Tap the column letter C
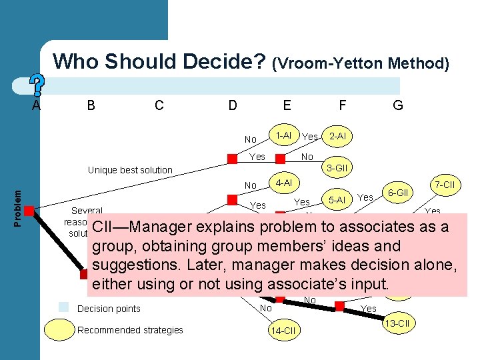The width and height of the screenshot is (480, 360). coord(159,105)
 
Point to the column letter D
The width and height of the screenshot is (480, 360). coord(233,105)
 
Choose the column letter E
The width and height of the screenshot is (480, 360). coord(287,105)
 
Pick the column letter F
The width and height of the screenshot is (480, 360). coord(342,105)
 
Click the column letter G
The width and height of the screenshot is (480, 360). coord(398,105)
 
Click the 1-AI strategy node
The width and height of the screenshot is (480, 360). coord(283,135)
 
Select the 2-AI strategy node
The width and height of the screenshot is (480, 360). coord(338,136)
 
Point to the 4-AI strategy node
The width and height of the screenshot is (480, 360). coord(283,181)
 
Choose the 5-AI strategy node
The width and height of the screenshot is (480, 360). coord(338,199)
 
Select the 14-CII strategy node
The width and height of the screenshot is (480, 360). coord(283,331)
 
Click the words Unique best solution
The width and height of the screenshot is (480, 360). coord(130,170)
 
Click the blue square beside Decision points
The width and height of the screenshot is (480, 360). coord(63,307)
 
